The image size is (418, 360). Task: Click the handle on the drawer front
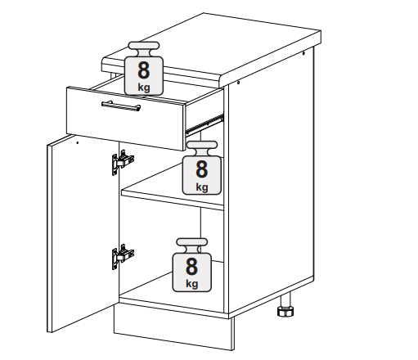click(x=121, y=106)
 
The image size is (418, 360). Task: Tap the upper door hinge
click(x=122, y=162)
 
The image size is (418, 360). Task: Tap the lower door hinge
click(x=122, y=256)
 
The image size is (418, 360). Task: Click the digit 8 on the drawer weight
click(x=144, y=70)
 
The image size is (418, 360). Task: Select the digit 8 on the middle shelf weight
click(x=202, y=169)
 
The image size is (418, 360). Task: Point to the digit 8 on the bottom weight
click(x=191, y=267)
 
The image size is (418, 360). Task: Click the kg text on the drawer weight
click(x=144, y=88)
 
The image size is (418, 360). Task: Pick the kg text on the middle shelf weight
click(x=202, y=187)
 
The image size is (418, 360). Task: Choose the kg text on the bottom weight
click(x=191, y=284)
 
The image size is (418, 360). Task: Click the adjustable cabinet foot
click(x=285, y=306)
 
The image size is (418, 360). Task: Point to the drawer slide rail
click(x=205, y=124)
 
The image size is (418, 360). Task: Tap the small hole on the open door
click(x=77, y=142)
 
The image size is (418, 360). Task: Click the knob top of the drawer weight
click(x=144, y=46)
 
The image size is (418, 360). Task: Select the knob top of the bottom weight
click(x=192, y=242)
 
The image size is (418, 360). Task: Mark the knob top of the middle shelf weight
click(x=202, y=145)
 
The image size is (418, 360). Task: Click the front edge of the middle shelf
click(x=173, y=200)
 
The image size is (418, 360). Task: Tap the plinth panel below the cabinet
click(x=173, y=326)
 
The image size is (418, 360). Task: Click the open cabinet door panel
click(x=83, y=234)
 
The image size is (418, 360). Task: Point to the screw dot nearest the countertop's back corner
click(x=303, y=53)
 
